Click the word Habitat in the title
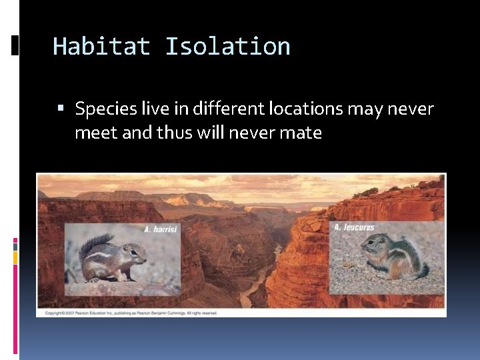pyautogui.click(x=102, y=47)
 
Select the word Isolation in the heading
pyautogui.click(x=227, y=47)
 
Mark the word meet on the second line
pyautogui.click(x=95, y=133)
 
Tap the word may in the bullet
pyautogui.click(x=361, y=108)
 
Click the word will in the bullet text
pyautogui.click(x=211, y=133)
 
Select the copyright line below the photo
pyautogui.click(x=133, y=313)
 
